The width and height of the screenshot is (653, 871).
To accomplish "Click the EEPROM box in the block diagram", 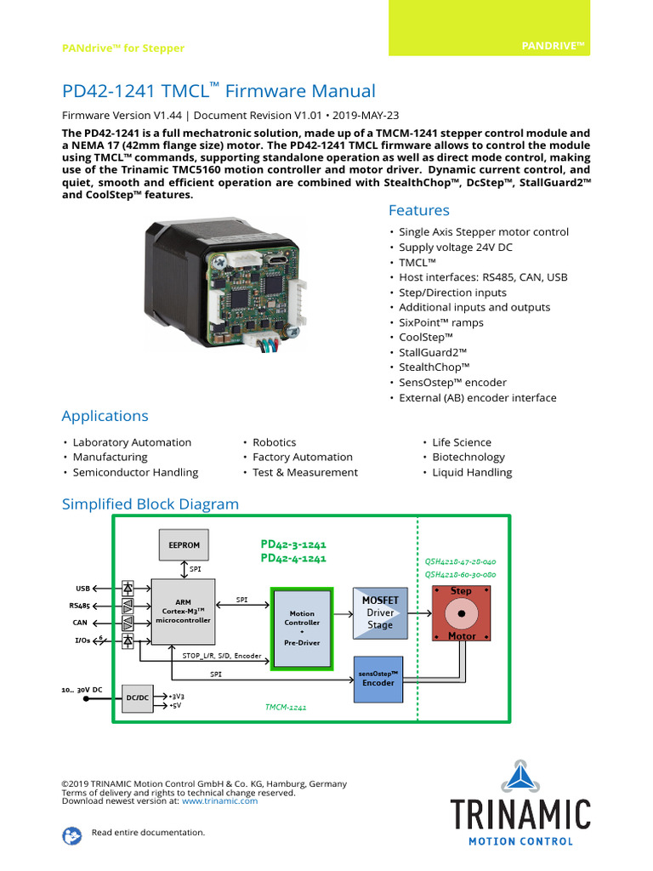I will (184, 544).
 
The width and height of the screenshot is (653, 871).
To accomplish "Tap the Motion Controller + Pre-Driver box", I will (302, 628).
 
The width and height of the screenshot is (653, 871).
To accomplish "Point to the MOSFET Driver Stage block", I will (380, 612).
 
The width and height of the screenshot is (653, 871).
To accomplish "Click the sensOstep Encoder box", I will (378, 678).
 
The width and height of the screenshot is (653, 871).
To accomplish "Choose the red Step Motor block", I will (461, 613).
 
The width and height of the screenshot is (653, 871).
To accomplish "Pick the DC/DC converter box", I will (138, 697).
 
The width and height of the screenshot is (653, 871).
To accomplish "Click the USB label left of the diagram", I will (82, 588).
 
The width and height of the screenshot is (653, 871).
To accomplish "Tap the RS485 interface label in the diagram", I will (80, 606).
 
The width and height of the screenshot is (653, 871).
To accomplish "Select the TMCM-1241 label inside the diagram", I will (286, 707).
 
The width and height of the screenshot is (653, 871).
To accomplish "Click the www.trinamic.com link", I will (219, 800).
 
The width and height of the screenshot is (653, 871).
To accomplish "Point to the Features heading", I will (418, 210).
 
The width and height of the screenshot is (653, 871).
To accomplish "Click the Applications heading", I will (105, 416).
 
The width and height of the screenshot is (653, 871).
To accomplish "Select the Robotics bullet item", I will (274, 442).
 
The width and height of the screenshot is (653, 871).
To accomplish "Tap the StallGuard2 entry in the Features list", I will (433, 352).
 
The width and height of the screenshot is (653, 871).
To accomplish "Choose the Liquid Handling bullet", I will (472, 472).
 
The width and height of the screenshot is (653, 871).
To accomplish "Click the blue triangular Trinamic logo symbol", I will (520, 776).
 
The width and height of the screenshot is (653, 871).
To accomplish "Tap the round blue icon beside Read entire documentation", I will (72, 835).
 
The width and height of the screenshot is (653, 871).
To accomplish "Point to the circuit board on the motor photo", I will (253, 294).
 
